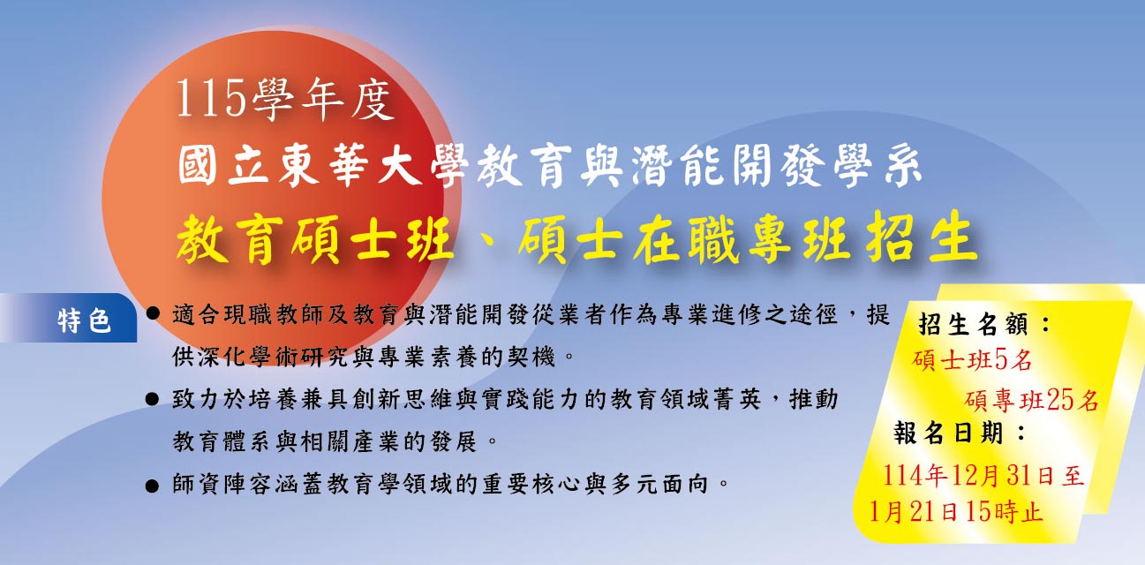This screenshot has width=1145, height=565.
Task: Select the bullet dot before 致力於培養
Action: click(x=152, y=400)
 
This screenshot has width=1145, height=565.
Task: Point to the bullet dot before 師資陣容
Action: click(x=152, y=485)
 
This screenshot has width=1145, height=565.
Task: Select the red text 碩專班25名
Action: click(x=1031, y=400)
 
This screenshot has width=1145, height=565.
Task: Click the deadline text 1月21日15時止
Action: click(x=956, y=511)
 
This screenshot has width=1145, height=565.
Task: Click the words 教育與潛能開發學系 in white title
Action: click(x=697, y=167)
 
